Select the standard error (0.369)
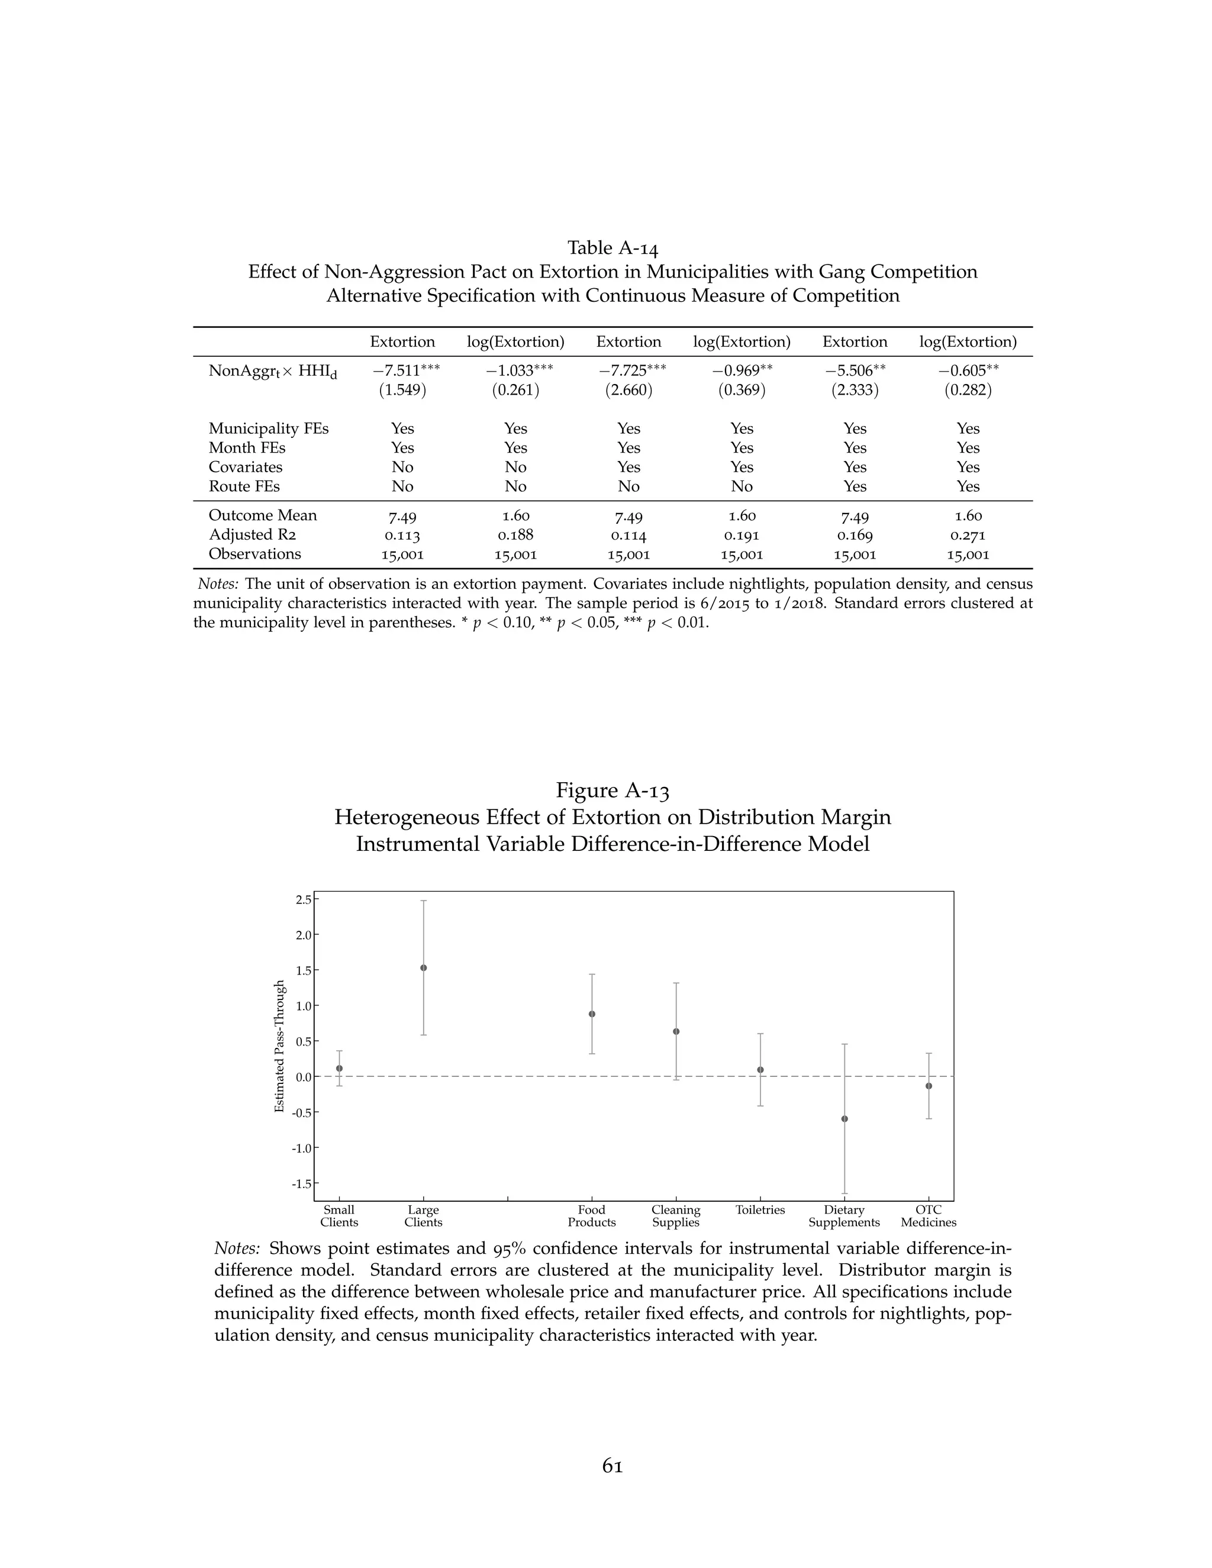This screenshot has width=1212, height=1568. click(742, 390)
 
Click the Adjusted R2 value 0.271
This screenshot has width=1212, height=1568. click(967, 535)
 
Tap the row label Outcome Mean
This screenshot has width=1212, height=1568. click(262, 515)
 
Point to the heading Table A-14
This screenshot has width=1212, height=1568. click(613, 248)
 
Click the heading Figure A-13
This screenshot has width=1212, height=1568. click(613, 791)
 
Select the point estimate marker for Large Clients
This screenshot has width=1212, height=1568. click(424, 968)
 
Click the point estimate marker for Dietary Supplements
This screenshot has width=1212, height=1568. click(844, 1118)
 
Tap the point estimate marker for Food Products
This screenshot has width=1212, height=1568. click(592, 1014)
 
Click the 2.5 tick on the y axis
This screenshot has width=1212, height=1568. click(303, 899)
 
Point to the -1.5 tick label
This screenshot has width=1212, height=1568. click(302, 1184)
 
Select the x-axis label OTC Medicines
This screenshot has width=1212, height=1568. click(929, 1216)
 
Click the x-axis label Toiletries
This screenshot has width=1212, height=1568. click(760, 1211)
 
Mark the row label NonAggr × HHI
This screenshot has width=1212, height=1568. click(273, 371)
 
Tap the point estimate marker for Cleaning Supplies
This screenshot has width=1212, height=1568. click(676, 1032)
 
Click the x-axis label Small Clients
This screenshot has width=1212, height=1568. click(339, 1216)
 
